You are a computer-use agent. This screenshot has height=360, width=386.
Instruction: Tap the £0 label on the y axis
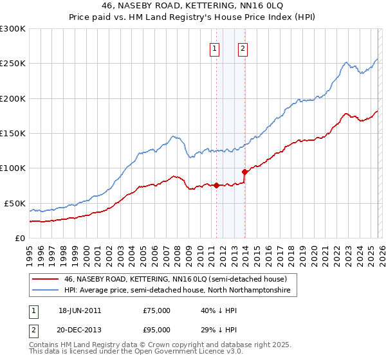(x=19, y=238)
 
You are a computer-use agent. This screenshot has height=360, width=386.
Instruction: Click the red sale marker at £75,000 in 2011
(x=216, y=186)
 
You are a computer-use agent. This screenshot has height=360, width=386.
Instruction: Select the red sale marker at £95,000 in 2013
(x=244, y=172)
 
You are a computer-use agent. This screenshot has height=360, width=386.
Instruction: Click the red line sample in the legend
(x=46, y=280)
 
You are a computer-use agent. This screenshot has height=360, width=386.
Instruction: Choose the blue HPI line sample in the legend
(x=46, y=291)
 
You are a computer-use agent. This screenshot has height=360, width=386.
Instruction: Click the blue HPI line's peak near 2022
(x=346, y=62)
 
